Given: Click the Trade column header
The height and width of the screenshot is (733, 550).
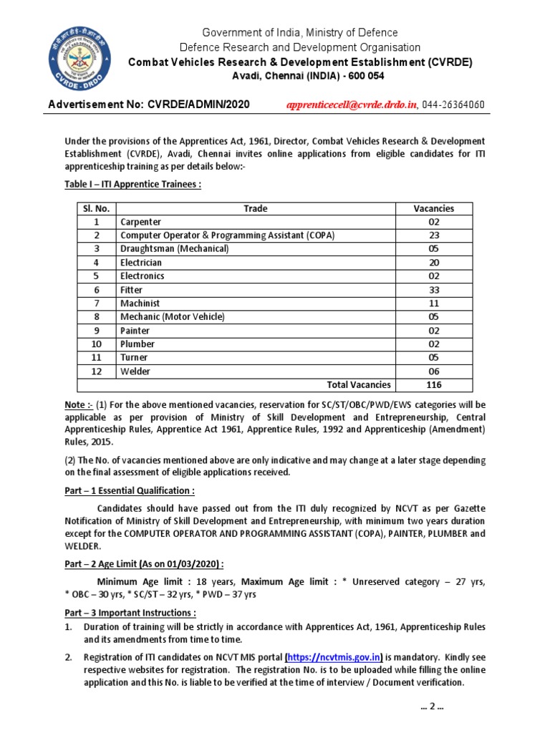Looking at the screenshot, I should pos(255,208).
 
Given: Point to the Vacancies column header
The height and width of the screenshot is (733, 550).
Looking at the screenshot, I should pos(433,208).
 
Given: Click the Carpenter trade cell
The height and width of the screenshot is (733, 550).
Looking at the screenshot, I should pos(141,222).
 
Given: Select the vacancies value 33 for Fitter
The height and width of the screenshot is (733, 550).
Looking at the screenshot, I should pos(433,290).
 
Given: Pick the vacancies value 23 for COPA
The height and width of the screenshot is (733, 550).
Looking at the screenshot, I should pos(433,236).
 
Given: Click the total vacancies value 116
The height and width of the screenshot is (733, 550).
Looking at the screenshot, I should pos(433,385).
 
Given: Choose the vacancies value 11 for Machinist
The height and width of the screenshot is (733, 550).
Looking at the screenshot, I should pos(433,304).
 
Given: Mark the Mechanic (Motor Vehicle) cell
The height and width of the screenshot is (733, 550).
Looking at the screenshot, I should pos(173,317).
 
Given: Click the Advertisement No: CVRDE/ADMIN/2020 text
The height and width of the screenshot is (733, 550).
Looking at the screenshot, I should pos(149,105).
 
